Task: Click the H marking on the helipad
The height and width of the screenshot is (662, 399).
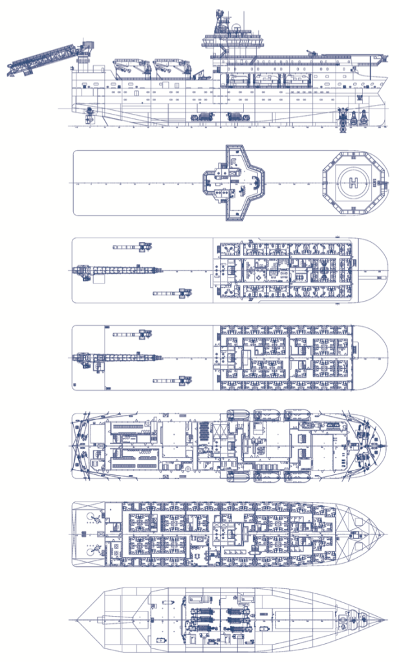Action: [x=353, y=182]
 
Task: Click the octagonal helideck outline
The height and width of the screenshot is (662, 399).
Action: [x=353, y=182]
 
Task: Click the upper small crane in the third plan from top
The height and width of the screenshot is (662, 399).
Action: [x=133, y=247]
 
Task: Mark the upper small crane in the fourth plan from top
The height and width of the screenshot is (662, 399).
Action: [x=133, y=334]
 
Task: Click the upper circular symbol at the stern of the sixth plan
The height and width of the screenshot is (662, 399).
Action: [x=92, y=516]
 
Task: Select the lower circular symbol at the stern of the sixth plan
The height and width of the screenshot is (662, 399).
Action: [x=92, y=551]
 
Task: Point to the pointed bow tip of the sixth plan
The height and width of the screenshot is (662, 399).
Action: [x=385, y=534]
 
